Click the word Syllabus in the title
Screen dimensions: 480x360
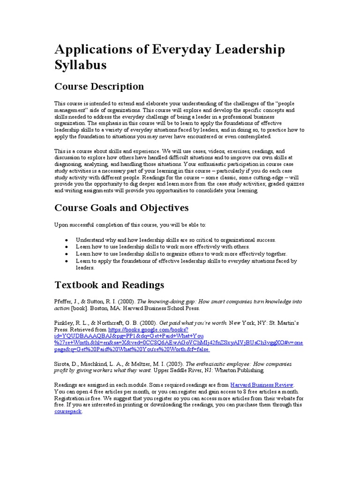pyautogui.click(x=81, y=65)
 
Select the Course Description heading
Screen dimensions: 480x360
pyautogui.click(x=99, y=86)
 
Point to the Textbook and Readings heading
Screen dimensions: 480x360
pyautogui.click(x=109, y=285)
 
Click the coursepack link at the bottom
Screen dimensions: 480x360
pyautogui.click(x=68, y=411)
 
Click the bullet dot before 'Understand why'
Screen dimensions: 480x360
pyautogui.click(x=67, y=240)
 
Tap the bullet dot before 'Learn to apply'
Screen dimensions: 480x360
pyautogui.click(x=67, y=261)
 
